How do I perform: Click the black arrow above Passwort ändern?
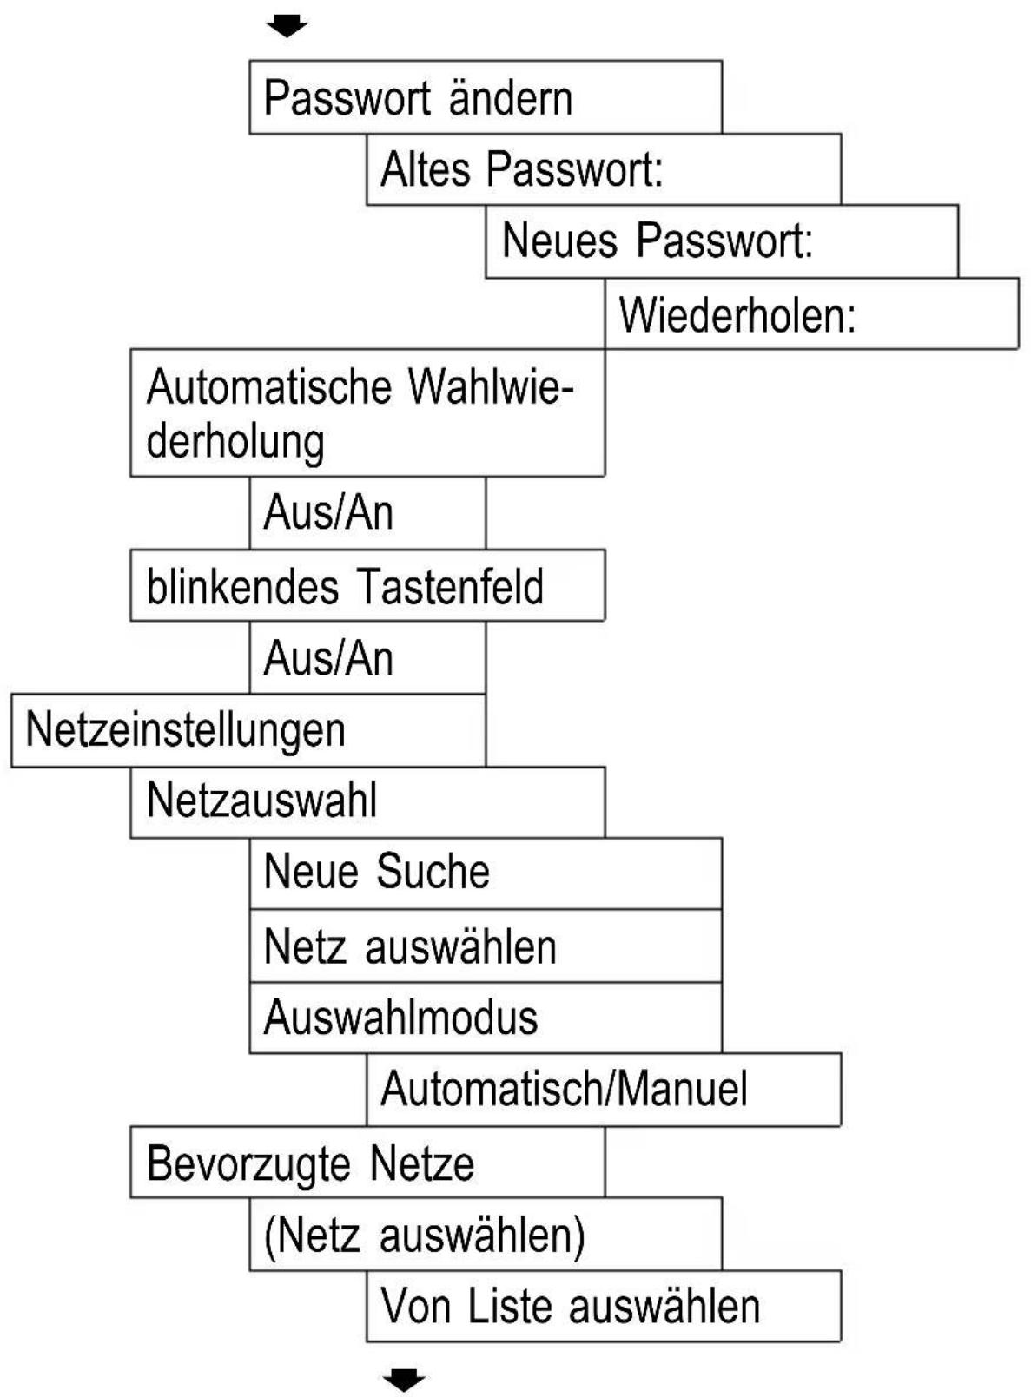pos(287,25)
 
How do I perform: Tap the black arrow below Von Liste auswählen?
pos(404,1378)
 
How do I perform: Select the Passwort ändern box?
pos(485,97)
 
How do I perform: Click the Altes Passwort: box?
pos(603,169)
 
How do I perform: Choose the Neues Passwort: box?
pos(721,241)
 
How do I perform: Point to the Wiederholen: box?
pos(810,314)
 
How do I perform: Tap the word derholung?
pos(235,440)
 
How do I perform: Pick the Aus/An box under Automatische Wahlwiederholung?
pos(367,513)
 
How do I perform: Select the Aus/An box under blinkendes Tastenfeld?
pos(367,658)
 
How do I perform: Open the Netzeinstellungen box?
pos(248,730)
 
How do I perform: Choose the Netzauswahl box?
pos(367,801)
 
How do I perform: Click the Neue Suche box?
pos(485,873)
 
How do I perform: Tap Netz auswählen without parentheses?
pos(485,946)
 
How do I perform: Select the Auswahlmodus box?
pos(485,1018)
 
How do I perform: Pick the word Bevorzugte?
pos(249,1163)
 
